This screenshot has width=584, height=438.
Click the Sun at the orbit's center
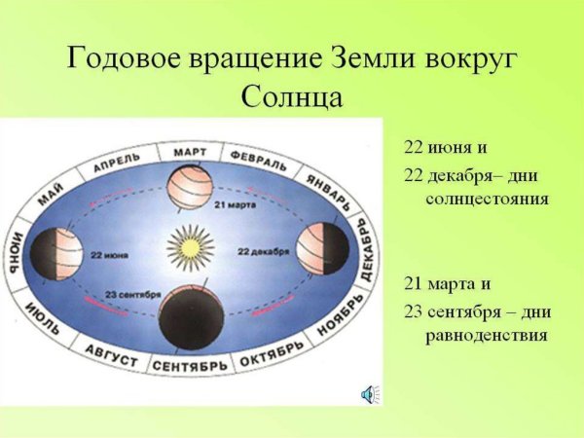190,248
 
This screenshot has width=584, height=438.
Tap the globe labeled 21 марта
188,189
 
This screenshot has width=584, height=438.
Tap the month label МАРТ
190,153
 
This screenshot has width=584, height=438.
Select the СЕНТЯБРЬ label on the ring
190,365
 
